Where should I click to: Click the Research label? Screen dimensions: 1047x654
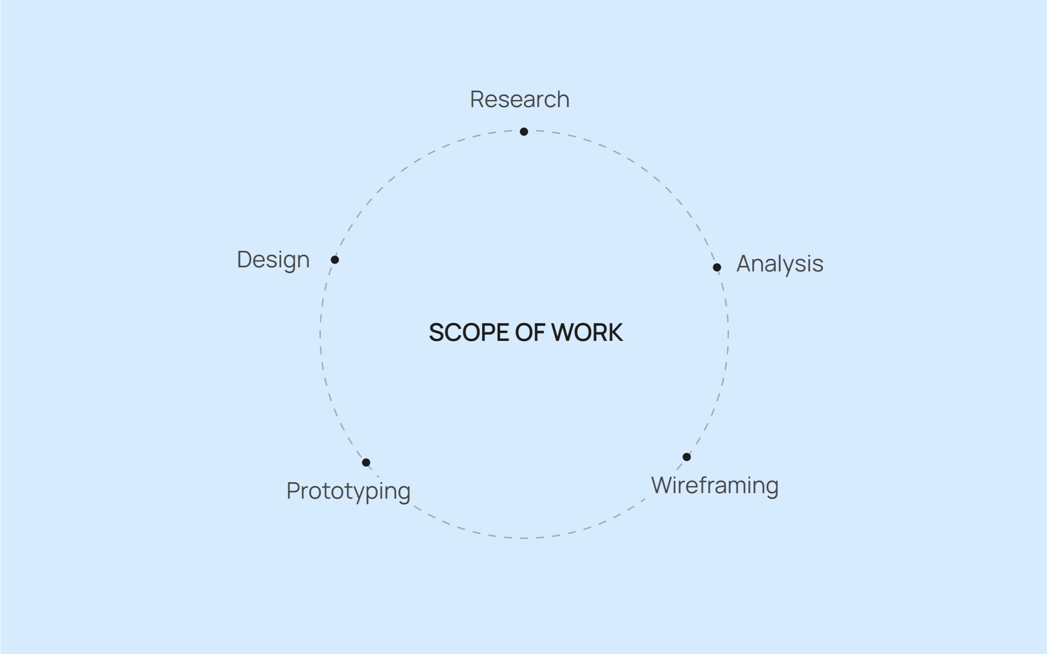519,99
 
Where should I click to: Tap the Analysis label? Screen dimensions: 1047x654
780,264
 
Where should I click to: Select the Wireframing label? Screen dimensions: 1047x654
715,486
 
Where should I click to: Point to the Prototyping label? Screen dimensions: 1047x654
348,491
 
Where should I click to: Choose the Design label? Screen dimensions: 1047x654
274,260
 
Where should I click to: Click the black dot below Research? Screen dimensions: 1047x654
524,132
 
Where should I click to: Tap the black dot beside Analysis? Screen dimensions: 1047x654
717,267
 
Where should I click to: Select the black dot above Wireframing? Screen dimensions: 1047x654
687,457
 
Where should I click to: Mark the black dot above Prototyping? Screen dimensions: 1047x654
366,462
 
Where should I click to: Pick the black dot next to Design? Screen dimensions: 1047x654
335,260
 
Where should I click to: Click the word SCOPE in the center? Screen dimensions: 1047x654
469,333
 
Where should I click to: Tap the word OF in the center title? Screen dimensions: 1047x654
530,333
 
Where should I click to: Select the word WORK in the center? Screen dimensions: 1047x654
587,333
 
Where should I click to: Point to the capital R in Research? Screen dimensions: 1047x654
477,99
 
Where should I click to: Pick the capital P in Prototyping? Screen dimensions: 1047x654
293,491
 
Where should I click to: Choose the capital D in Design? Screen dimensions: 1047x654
245,260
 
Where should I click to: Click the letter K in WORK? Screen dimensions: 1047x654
615,333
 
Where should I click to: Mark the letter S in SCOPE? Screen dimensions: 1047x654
436,333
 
